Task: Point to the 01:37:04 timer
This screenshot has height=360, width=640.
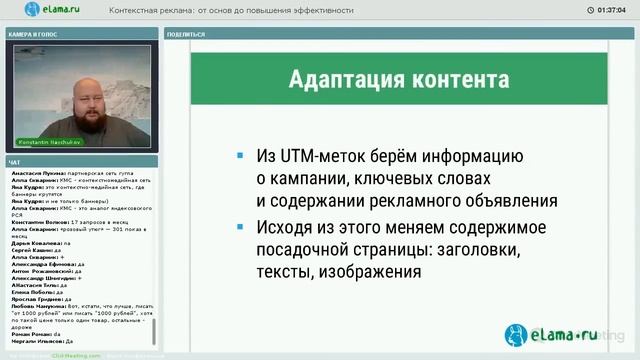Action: [610, 11]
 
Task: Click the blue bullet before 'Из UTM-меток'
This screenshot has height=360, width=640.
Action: [239, 158]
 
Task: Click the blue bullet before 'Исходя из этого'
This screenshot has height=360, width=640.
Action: [239, 226]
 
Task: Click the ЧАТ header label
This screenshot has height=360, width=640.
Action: [13, 161]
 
